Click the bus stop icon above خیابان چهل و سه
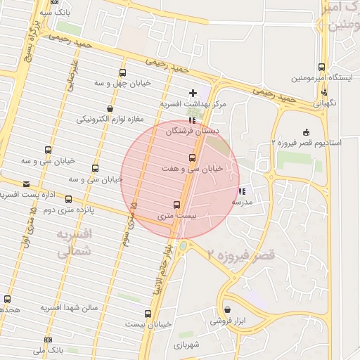[x=123, y=72]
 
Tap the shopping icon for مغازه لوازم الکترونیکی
[x=110, y=108]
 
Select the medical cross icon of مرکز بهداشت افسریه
[x=193, y=94]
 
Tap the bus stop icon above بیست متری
[x=167, y=205]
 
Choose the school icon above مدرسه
[x=243, y=191]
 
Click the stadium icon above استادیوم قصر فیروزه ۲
[x=305, y=132]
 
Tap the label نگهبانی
[x=324, y=103]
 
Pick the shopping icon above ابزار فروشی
[x=227, y=309]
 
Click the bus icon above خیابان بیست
[x=148, y=314]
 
